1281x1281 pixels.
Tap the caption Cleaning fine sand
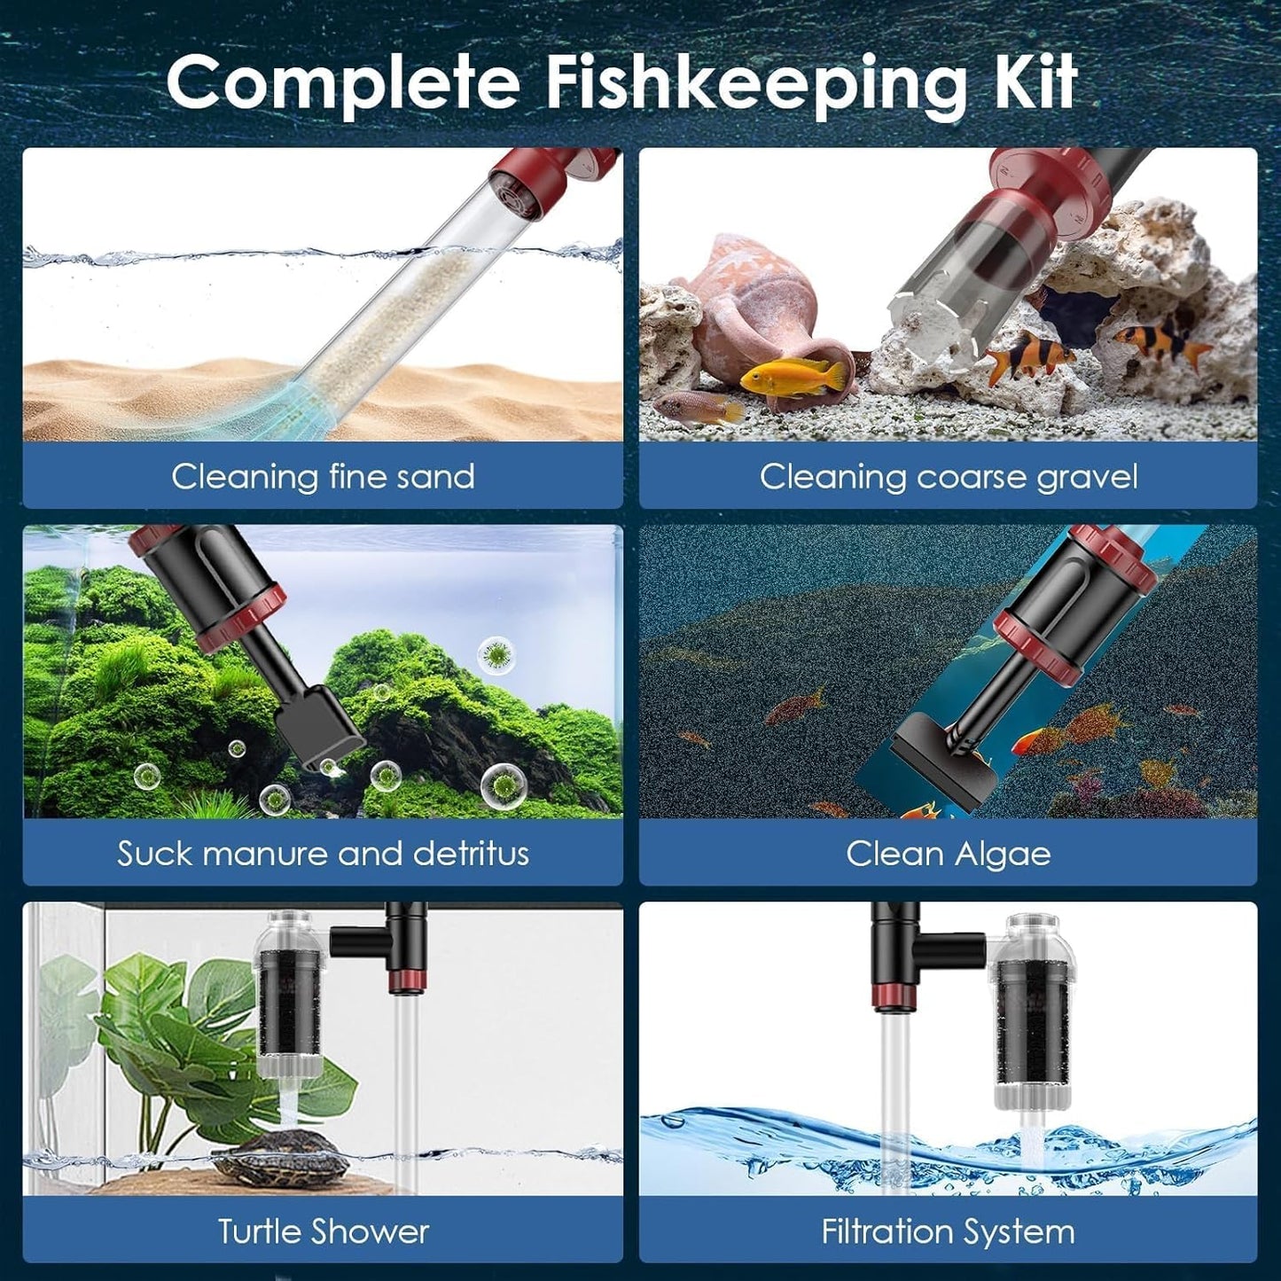point(323,477)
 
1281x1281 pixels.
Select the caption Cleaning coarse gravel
point(948,477)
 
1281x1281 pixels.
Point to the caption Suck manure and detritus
point(323,854)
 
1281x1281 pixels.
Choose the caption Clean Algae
point(948,854)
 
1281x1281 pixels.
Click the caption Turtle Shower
point(323,1231)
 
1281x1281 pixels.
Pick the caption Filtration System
point(948,1231)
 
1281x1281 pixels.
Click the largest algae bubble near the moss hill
point(500,785)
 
